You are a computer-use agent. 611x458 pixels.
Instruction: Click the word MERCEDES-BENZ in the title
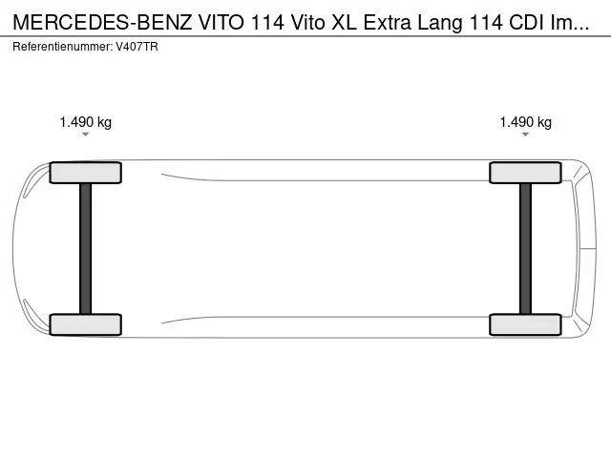tap(102, 23)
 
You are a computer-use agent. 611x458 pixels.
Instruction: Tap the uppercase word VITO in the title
tap(221, 23)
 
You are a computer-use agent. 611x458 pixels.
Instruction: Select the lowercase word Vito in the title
tap(307, 23)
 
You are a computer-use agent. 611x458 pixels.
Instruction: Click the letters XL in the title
tap(344, 23)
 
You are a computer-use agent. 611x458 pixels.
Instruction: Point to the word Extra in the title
tap(388, 23)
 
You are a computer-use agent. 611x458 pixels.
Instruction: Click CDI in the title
tap(526, 23)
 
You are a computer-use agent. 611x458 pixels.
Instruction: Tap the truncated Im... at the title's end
tap(569, 23)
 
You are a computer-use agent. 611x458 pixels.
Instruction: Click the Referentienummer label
tap(62, 47)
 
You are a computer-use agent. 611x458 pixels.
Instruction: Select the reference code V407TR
tap(137, 47)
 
